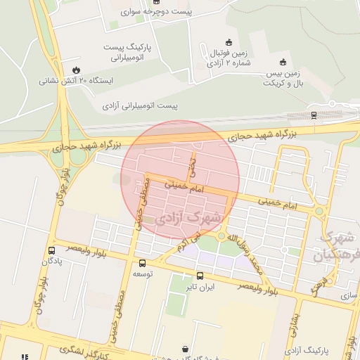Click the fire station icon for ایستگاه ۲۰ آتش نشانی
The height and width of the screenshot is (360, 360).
tap(75, 70)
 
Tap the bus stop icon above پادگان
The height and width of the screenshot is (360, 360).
tap(51, 250)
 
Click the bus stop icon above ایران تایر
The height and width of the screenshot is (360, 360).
tap(200, 276)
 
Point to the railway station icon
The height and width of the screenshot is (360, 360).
tap(313, 115)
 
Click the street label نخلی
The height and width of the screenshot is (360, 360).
tap(191, 167)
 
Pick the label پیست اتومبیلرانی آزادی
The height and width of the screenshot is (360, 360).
tap(141, 107)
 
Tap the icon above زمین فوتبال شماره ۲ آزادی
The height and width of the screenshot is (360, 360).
tap(228, 41)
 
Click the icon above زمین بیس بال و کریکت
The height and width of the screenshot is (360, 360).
tap(283, 61)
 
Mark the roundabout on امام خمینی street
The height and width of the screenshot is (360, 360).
tap(320, 210)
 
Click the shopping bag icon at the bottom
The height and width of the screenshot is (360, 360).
tap(185, 349)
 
